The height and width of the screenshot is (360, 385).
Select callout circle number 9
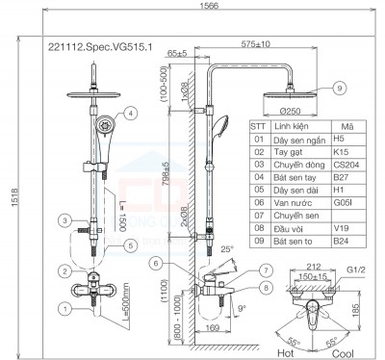339,88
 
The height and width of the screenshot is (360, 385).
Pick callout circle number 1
64,308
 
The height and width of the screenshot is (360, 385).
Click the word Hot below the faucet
286,351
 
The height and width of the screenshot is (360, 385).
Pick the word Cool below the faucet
341,351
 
